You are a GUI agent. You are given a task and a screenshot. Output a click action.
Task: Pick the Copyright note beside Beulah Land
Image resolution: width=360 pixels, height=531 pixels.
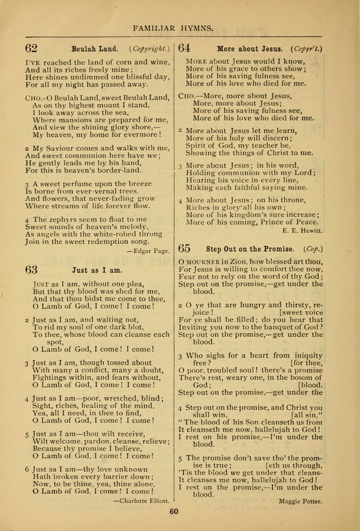click(x=151, y=49)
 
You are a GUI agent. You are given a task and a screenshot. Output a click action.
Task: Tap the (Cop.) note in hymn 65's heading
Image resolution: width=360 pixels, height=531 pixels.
click(x=312, y=248)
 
